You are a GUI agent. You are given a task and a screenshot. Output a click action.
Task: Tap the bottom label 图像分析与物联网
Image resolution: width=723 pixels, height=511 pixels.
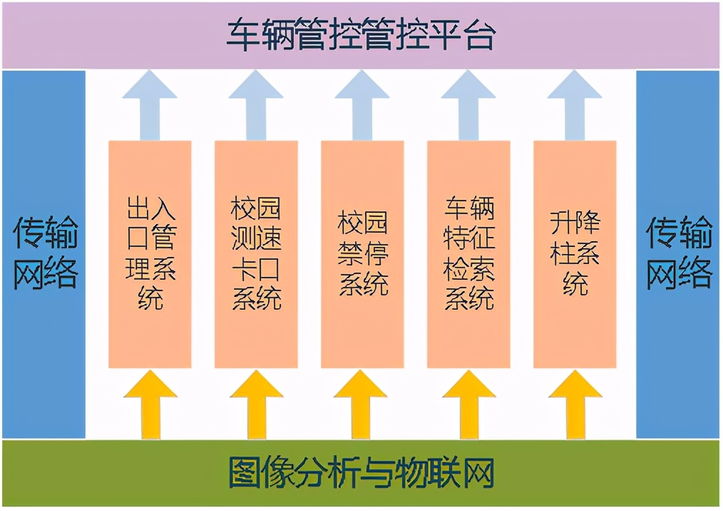(361, 473)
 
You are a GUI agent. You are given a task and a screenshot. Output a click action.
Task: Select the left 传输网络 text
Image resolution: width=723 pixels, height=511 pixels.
(45, 253)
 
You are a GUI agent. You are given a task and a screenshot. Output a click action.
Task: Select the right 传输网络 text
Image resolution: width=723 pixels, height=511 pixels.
(678, 253)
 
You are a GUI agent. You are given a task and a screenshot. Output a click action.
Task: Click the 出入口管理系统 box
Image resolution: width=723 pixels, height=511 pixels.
(150, 254)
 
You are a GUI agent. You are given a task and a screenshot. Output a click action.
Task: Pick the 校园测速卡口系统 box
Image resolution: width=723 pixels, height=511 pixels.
(256, 254)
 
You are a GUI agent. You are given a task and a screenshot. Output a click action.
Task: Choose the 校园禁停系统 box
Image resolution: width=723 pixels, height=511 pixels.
(362, 254)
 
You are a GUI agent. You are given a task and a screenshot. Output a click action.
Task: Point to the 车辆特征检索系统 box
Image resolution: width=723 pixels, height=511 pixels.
(468, 254)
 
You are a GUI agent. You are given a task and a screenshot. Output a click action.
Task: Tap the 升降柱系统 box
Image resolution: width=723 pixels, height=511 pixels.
(575, 254)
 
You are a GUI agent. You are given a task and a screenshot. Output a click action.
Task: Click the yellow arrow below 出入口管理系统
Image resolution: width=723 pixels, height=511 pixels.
(150, 405)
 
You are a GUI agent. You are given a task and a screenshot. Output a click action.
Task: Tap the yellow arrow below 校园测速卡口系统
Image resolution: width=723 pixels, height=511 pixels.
(256, 405)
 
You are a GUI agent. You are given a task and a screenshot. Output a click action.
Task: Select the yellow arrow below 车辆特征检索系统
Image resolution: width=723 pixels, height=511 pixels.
(468, 405)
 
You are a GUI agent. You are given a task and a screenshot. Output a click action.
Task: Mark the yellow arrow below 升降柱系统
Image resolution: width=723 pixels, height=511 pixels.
(575, 405)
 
